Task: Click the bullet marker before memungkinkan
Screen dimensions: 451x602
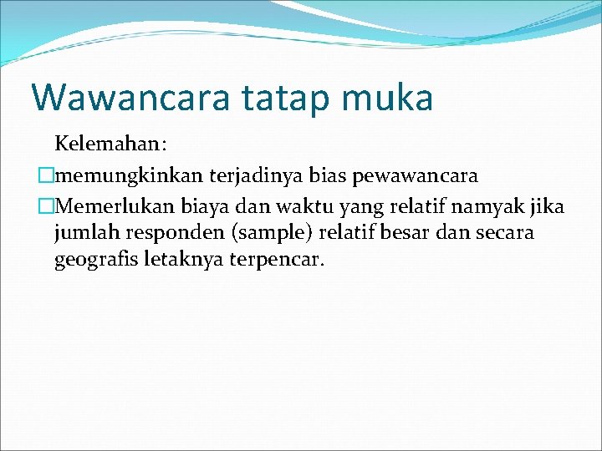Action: [x=46, y=175]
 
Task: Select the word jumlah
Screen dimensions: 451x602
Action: [x=84, y=232]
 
